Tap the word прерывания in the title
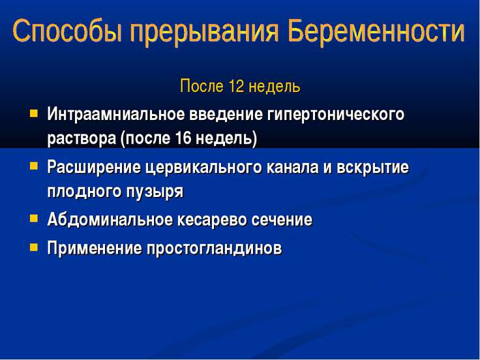point(204,32)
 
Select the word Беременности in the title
point(376,31)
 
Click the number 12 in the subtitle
point(236,86)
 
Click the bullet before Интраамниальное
point(34,114)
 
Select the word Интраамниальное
point(116,114)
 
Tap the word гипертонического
point(336,115)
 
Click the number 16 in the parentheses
point(183,138)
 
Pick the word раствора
point(82,139)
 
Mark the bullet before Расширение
point(34,166)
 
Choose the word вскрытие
point(372,168)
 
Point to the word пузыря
point(155,192)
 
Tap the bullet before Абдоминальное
point(34,218)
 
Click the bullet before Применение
point(34,247)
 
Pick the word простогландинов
point(215,248)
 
